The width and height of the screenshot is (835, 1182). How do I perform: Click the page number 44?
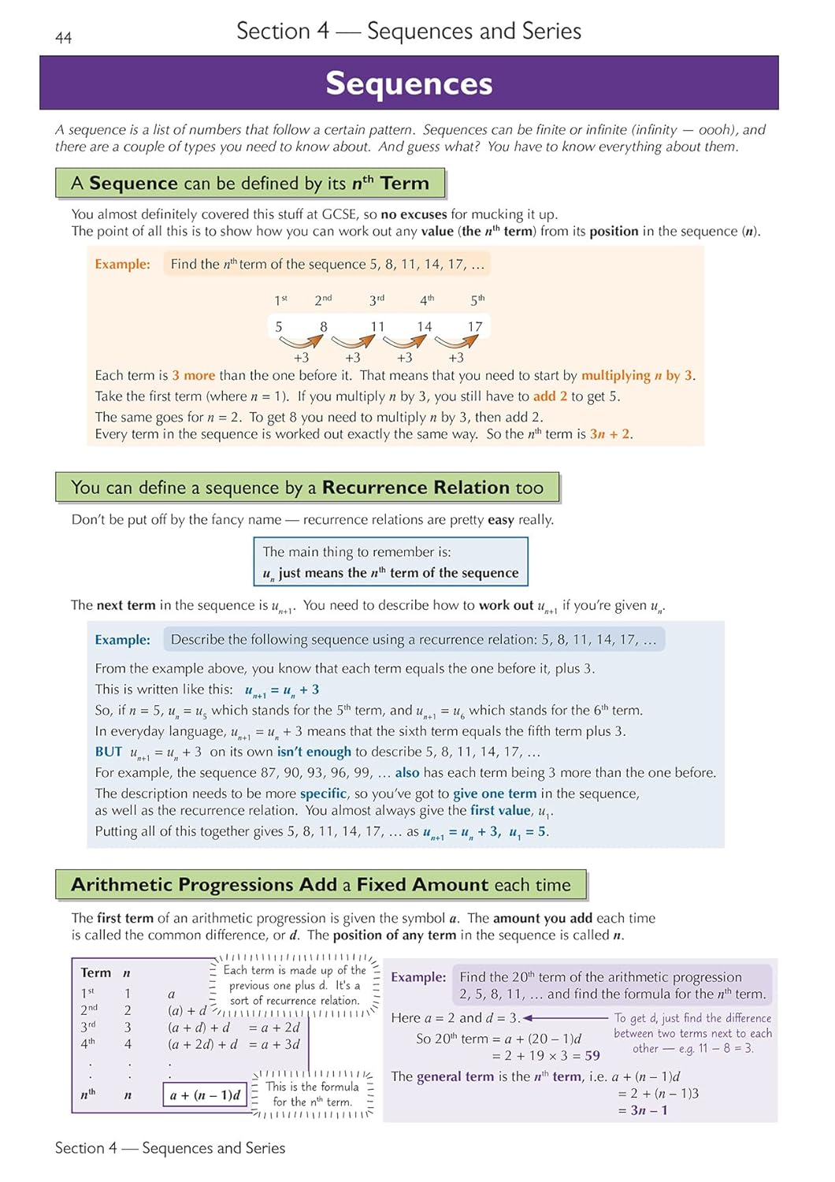pos(64,38)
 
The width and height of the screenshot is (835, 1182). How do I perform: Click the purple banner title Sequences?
pos(409,84)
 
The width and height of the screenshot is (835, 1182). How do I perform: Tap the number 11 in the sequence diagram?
pos(378,326)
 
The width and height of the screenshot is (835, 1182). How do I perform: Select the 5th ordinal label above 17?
pos(477,300)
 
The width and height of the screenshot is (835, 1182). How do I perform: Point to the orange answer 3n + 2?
pos(610,434)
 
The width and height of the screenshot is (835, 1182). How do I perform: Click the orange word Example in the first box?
pos(122,264)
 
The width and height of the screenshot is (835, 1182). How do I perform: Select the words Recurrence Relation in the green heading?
pos(416,488)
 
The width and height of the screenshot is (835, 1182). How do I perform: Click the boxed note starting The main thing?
pos(391,562)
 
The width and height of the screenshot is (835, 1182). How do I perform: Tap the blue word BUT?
pos(109,752)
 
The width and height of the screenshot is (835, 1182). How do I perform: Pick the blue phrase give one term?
pos(495,794)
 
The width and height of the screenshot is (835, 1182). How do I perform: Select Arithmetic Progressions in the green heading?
pos(204,885)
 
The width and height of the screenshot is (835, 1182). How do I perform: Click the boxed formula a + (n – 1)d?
pos(205,1095)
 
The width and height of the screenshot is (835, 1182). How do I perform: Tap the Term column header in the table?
pos(96,973)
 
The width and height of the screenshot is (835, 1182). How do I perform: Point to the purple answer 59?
pos(592,1055)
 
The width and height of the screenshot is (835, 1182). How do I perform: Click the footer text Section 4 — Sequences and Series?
pos(170,1148)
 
